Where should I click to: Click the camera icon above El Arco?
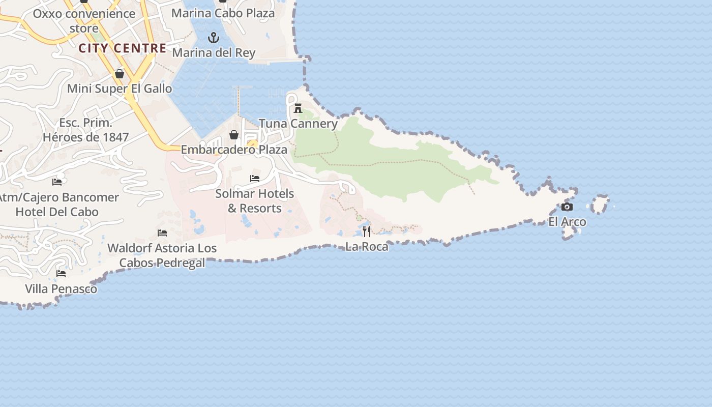coord(567,207)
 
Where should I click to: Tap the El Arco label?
coord(567,222)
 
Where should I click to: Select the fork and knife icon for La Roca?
coord(367,231)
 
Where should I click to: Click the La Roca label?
coord(367,247)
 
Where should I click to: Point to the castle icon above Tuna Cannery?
coord(298,108)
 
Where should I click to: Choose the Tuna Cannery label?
coord(298,124)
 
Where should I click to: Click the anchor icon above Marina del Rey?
coord(214,38)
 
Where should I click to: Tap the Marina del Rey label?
coord(214,52)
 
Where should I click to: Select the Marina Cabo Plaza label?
coord(223,13)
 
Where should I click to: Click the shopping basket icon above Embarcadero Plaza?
coord(234,135)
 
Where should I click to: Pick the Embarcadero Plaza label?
coord(234,150)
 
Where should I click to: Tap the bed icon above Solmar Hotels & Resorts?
coord(255,179)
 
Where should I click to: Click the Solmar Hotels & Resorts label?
coord(254,201)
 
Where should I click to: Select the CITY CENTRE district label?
coord(123,48)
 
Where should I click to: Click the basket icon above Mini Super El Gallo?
coord(120,74)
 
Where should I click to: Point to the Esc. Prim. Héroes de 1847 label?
coord(85,130)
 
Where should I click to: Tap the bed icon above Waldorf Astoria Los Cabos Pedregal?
coord(162,233)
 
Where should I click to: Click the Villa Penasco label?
coord(61,289)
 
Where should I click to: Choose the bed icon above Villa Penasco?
coord(61,274)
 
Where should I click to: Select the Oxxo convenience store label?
coord(84,20)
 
